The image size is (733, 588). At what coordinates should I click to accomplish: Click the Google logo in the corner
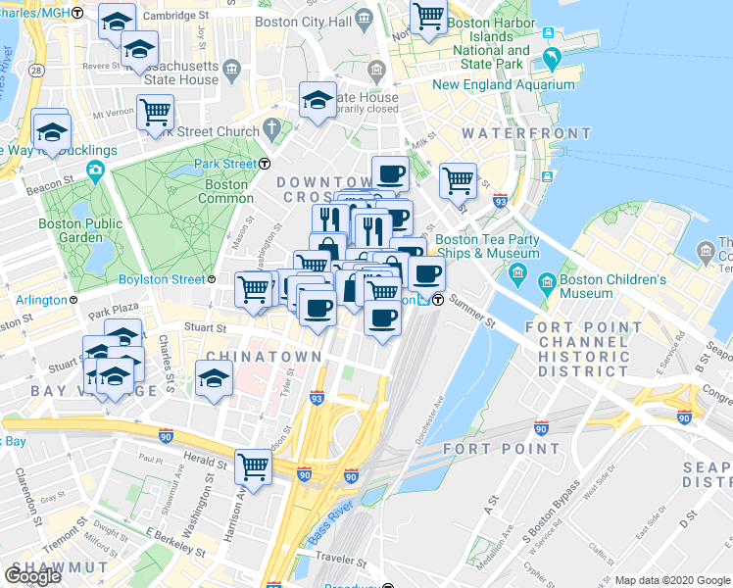click(32, 576)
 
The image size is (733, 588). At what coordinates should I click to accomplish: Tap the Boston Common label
click(226, 191)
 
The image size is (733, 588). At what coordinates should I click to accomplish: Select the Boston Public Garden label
click(80, 230)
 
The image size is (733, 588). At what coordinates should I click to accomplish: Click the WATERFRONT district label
click(526, 133)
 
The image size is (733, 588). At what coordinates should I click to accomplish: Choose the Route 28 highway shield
click(35, 72)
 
